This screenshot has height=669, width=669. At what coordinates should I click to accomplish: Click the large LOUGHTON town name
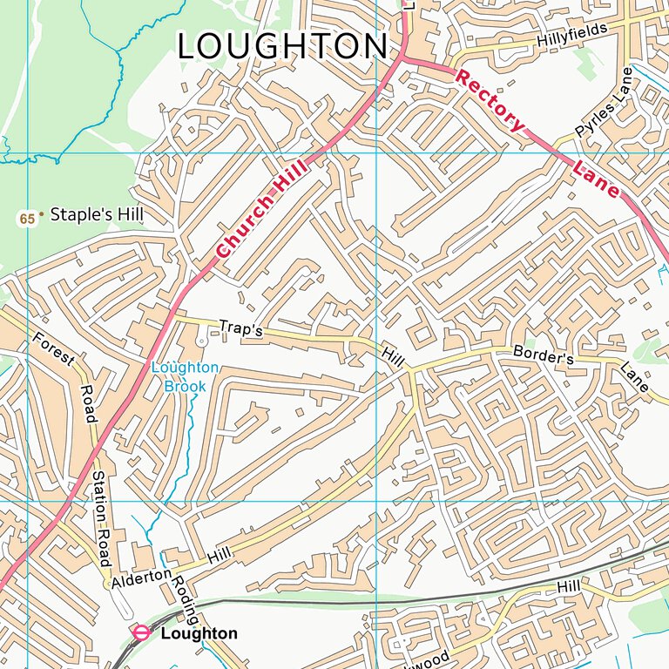[x=282, y=47]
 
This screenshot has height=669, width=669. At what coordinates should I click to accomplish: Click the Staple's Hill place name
[x=97, y=213]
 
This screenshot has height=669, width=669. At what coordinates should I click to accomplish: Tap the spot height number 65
[x=28, y=219]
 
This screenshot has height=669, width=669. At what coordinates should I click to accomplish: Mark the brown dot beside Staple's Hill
[x=41, y=213]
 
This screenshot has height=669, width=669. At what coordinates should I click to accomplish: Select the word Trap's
[x=240, y=330]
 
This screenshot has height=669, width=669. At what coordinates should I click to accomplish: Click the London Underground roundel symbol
[x=139, y=632]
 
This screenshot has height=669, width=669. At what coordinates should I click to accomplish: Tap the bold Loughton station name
[x=199, y=633]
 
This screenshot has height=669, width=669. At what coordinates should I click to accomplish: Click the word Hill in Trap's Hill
[x=393, y=355]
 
